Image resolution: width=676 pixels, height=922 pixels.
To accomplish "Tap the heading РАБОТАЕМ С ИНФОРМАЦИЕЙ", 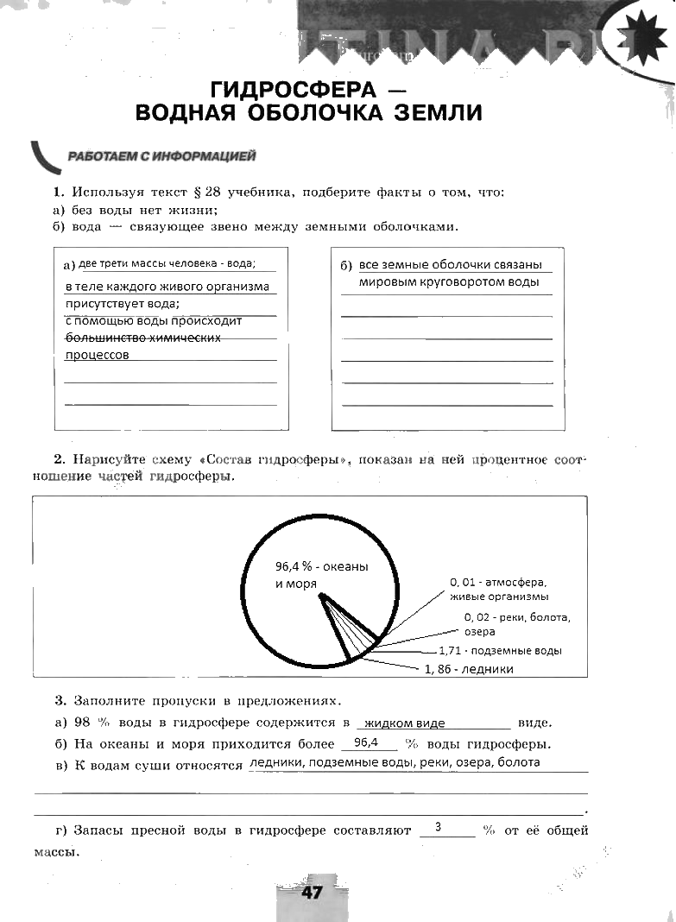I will click(161, 156).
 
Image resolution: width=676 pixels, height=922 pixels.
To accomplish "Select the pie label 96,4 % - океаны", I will click(321, 566).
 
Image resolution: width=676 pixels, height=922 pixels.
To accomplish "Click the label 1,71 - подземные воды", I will click(500, 651).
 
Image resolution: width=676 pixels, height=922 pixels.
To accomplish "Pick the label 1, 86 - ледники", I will click(469, 669).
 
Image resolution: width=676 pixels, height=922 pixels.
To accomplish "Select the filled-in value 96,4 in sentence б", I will click(367, 742).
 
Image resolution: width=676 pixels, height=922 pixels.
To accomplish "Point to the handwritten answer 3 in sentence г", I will click(439, 827).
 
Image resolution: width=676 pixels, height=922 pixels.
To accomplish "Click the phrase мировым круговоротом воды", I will click(449, 281).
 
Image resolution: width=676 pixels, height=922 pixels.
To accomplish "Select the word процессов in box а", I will click(98, 355).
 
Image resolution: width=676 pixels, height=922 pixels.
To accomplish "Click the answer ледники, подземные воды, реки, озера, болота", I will click(394, 762).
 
